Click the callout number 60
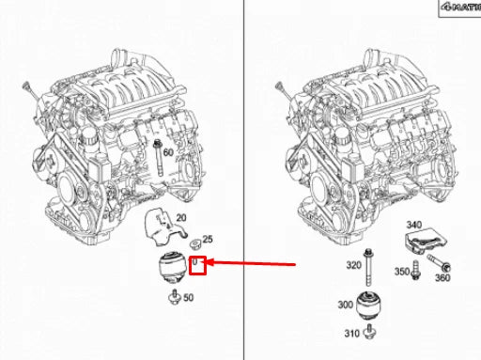pos(169,152)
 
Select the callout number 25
pos(209,242)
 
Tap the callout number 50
pos(188,299)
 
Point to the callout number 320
pos(353,265)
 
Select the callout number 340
pos(413,225)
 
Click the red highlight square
pos(198,266)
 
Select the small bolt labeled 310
pos(372,332)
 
